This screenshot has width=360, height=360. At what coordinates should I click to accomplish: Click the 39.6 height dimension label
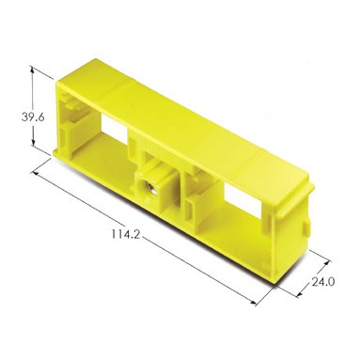tap(33, 117)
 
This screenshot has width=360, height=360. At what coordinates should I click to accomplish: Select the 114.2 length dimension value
tap(125, 234)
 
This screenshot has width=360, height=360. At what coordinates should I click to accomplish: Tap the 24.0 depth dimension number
tap(322, 282)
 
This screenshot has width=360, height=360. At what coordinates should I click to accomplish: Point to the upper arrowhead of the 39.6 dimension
tap(32, 70)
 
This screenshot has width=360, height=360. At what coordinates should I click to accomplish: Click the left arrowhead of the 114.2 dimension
tap(36, 173)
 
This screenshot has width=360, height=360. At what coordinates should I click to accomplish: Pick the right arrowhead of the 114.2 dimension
tap(253, 302)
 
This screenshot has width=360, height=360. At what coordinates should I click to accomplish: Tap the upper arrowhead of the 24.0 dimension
tap(326, 263)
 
